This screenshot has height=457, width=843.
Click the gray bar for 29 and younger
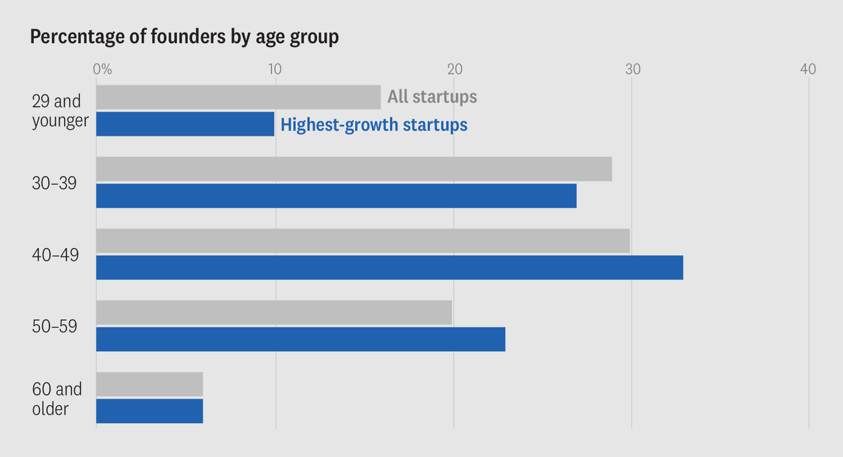[x=238, y=97]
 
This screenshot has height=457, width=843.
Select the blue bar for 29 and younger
[x=185, y=124]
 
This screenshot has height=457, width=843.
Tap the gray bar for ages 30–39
[x=354, y=169]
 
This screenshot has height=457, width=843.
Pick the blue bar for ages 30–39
[x=336, y=196]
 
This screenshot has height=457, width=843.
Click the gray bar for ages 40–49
[x=363, y=241]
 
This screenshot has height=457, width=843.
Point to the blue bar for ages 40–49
[x=389, y=268]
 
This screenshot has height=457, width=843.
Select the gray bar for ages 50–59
[x=274, y=313]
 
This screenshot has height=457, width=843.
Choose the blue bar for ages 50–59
[x=301, y=340]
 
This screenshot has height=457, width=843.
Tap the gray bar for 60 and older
[x=149, y=385]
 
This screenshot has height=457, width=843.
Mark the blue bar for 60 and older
[x=149, y=411]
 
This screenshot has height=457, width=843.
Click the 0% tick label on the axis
[x=102, y=69]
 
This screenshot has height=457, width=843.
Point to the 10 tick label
[x=274, y=69]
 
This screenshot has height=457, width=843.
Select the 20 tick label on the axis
[x=454, y=69]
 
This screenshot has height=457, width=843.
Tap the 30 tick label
[x=633, y=69]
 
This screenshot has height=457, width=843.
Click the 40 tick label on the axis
[x=808, y=69]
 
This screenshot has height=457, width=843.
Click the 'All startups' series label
[x=432, y=97]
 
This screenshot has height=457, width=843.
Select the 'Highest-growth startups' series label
[x=374, y=125]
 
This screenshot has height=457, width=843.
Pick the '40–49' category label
[x=56, y=255]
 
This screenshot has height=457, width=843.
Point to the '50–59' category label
[x=55, y=326]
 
